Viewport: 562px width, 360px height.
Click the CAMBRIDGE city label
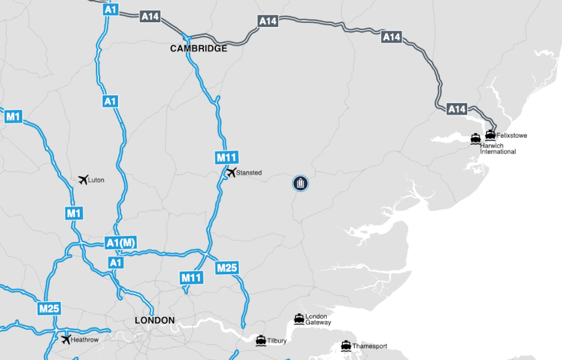pyautogui.click(x=199, y=49)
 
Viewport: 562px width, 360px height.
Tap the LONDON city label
pyautogui.click(x=154, y=320)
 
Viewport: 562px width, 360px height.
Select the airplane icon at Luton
pyautogui.click(x=83, y=179)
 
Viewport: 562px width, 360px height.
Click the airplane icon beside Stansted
pyautogui.click(x=231, y=173)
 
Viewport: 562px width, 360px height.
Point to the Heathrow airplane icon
pyautogui.click(x=65, y=339)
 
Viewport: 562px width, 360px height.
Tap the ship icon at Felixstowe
pyautogui.click(x=491, y=135)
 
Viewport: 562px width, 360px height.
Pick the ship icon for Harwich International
pyautogui.click(x=476, y=139)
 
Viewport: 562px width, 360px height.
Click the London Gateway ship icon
pyautogui.click(x=299, y=318)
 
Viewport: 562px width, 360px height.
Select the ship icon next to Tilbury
pyautogui.click(x=261, y=340)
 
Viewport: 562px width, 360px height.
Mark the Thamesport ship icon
pyautogui.click(x=345, y=346)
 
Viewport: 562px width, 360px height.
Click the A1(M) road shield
pyautogui.click(x=121, y=243)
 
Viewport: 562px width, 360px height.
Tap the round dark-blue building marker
pyautogui.click(x=300, y=183)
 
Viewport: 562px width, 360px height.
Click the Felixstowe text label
pyautogui.click(x=512, y=136)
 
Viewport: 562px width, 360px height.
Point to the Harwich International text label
pyautogui.click(x=498, y=149)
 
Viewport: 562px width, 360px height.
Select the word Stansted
pyautogui.click(x=249, y=173)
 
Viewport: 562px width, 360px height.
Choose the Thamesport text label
pyautogui.click(x=369, y=346)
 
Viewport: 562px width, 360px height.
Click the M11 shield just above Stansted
pyautogui.click(x=227, y=158)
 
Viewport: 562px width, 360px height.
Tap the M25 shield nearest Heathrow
pyautogui.click(x=49, y=309)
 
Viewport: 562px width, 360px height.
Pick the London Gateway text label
pyautogui.click(x=318, y=319)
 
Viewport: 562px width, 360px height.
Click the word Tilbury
pyautogui.click(x=277, y=341)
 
